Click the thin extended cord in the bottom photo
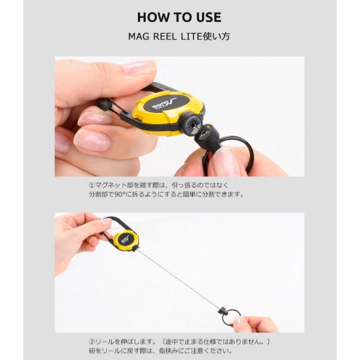tap(179, 278)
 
